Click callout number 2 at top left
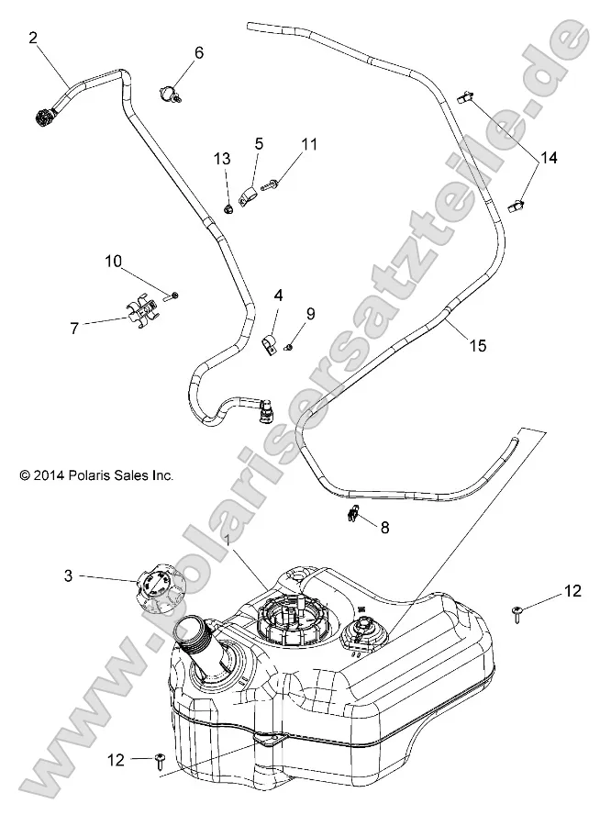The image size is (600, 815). click(x=34, y=38)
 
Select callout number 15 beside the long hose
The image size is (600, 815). click(x=476, y=345)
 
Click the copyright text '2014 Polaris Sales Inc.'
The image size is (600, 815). click(x=96, y=475)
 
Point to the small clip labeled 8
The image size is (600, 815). click(x=354, y=516)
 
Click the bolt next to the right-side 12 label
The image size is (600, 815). click(x=520, y=612)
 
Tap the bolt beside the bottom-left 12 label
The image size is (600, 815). click(x=161, y=759)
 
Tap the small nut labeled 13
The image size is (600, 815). click(x=228, y=210)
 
